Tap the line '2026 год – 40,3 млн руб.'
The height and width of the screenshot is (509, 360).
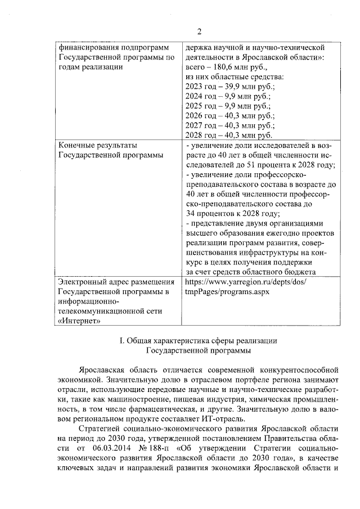pyautogui.click(x=229, y=116)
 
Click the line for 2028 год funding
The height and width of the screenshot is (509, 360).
pyautogui.click(x=229, y=136)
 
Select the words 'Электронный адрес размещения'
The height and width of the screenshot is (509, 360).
pyautogui.click(x=114, y=282)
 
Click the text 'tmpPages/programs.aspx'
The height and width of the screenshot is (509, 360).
pyautogui.click(x=227, y=292)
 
